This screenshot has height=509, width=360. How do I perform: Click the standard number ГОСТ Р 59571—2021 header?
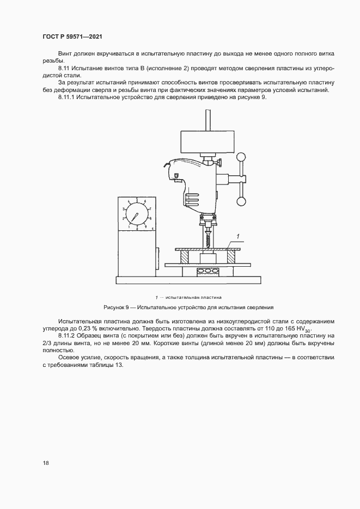click(72, 37)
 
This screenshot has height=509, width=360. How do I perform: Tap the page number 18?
click(46, 463)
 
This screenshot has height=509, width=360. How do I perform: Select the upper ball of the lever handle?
click(241, 157)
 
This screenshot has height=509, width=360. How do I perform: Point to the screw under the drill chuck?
click(208, 237)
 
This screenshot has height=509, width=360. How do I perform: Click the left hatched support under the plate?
click(185, 256)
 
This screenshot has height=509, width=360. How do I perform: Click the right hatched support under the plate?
click(230, 256)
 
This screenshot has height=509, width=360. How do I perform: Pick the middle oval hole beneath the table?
click(208, 271)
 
